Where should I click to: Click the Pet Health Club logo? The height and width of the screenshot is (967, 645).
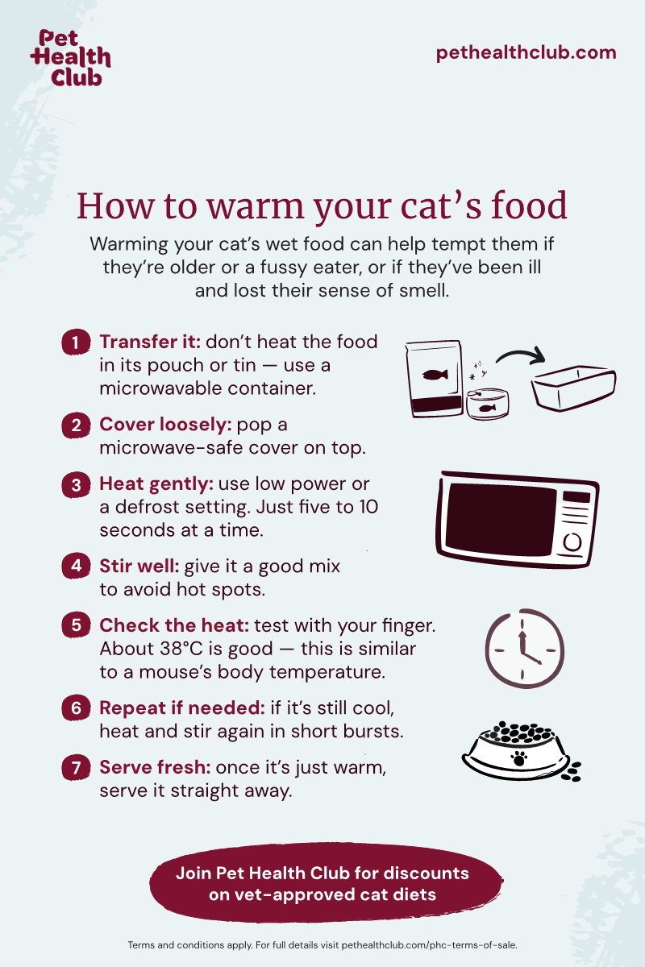click(x=70, y=58)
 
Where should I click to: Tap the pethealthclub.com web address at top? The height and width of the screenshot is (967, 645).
click(x=526, y=53)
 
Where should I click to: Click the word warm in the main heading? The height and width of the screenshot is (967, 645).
click(x=256, y=206)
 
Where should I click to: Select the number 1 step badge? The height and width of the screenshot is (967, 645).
click(x=76, y=342)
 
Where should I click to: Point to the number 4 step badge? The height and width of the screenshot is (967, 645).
click(x=76, y=566)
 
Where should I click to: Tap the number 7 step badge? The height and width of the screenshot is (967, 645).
click(x=76, y=767)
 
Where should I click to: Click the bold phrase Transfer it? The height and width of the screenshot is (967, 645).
click(x=150, y=342)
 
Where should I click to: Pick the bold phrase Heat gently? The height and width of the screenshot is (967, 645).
click(x=156, y=484)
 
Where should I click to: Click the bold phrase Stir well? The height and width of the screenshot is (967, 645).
click(x=139, y=566)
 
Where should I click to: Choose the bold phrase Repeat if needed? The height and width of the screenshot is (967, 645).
click(x=182, y=708)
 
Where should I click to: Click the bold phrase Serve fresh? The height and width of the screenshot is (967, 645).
click(x=155, y=767)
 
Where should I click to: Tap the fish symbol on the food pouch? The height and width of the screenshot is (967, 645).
click(x=435, y=374)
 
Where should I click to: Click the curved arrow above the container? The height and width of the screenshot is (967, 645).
click(x=521, y=355)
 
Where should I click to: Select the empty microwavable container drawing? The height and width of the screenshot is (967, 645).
click(x=574, y=388)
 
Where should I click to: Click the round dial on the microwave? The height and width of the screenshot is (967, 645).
click(x=572, y=542)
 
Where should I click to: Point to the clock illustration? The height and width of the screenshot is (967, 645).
click(x=525, y=649)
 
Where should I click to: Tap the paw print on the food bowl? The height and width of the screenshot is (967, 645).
click(x=519, y=758)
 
